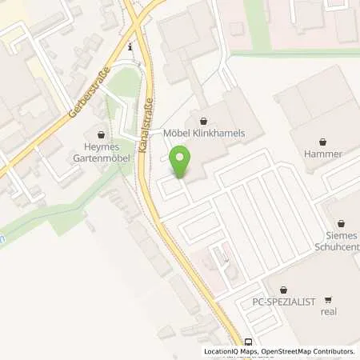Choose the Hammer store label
(327, 153)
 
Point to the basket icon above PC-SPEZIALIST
(282, 288)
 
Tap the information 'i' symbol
(130, 48)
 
